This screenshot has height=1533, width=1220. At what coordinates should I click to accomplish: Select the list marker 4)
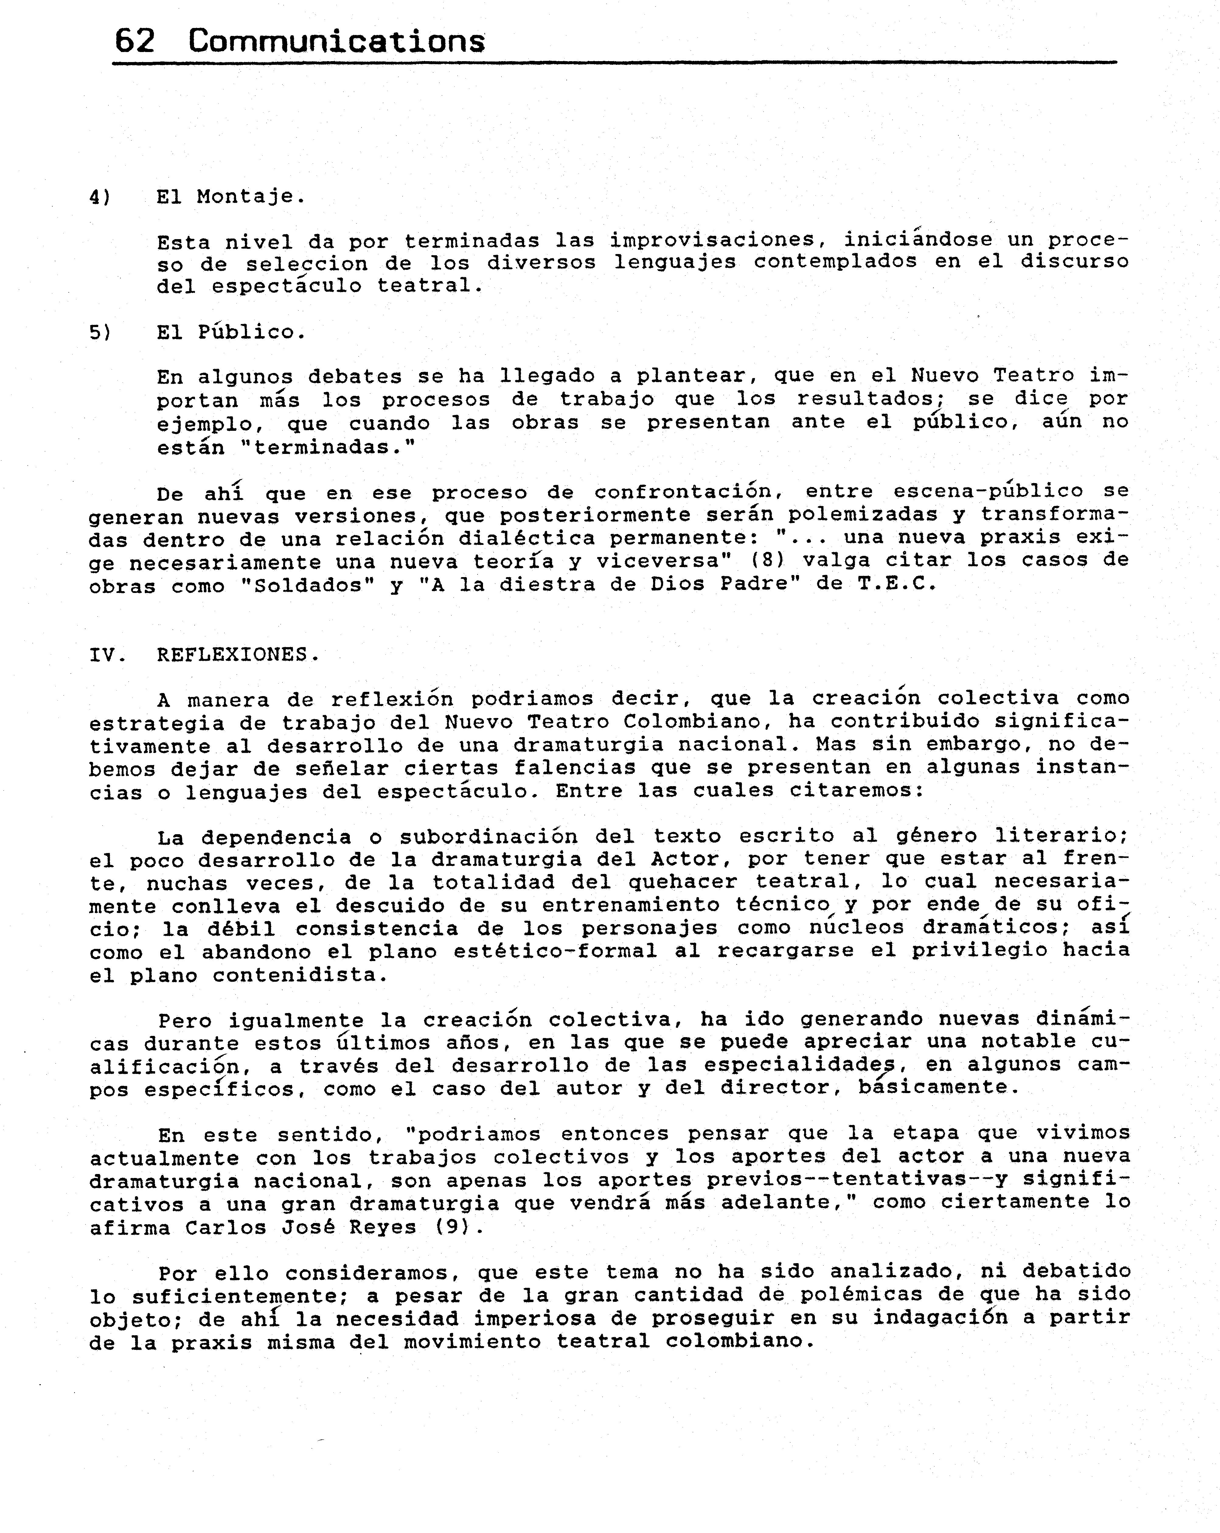[x=100, y=197]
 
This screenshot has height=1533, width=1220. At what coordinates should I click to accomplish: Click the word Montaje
[x=250, y=196]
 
